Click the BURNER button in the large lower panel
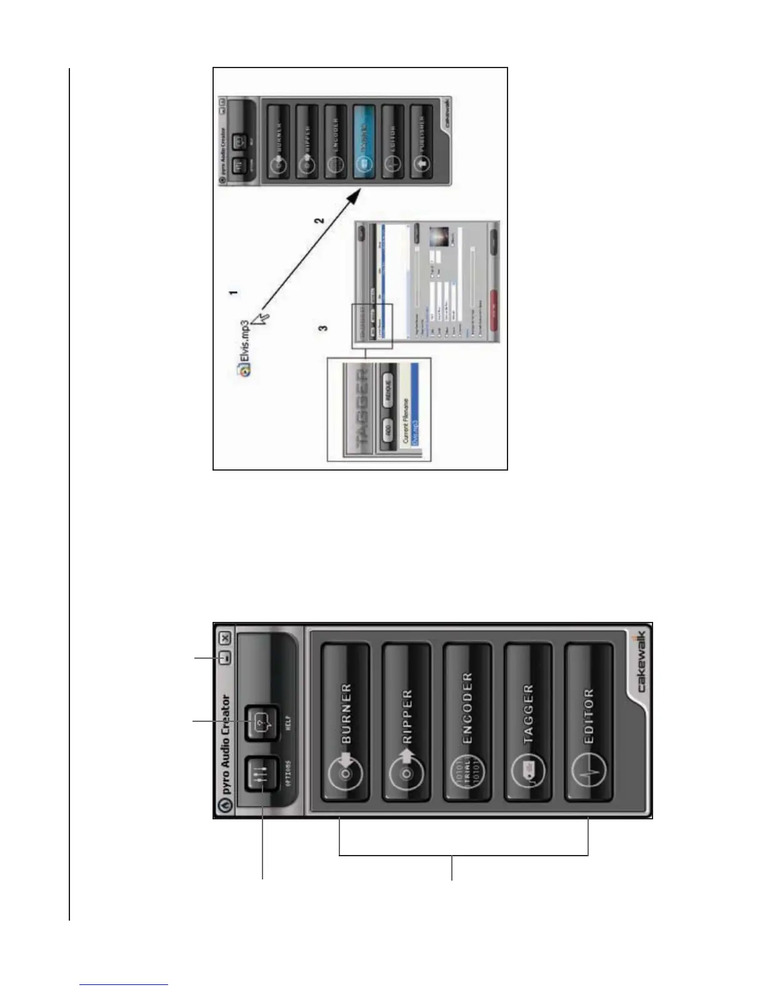[345, 722]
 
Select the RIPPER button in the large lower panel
[406, 722]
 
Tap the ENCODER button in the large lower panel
[467, 722]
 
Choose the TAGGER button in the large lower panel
[528, 722]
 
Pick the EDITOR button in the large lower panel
[588, 722]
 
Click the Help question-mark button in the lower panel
[262, 724]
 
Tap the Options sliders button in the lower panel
[262, 775]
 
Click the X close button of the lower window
[225, 638]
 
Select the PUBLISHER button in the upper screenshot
[422, 141]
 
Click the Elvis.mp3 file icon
[245, 369]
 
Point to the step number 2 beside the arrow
[319, 221]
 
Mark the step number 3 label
[324, 328]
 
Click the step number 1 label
[232, 292]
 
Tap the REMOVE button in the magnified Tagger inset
[387, 391]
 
